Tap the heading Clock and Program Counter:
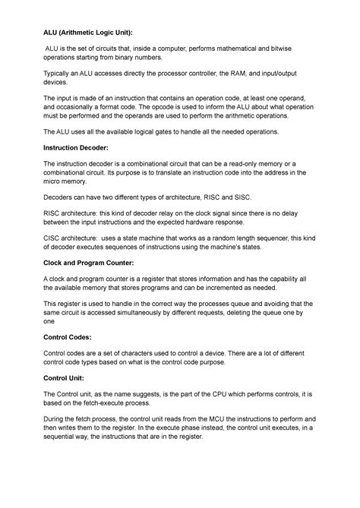tap(89, 262)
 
